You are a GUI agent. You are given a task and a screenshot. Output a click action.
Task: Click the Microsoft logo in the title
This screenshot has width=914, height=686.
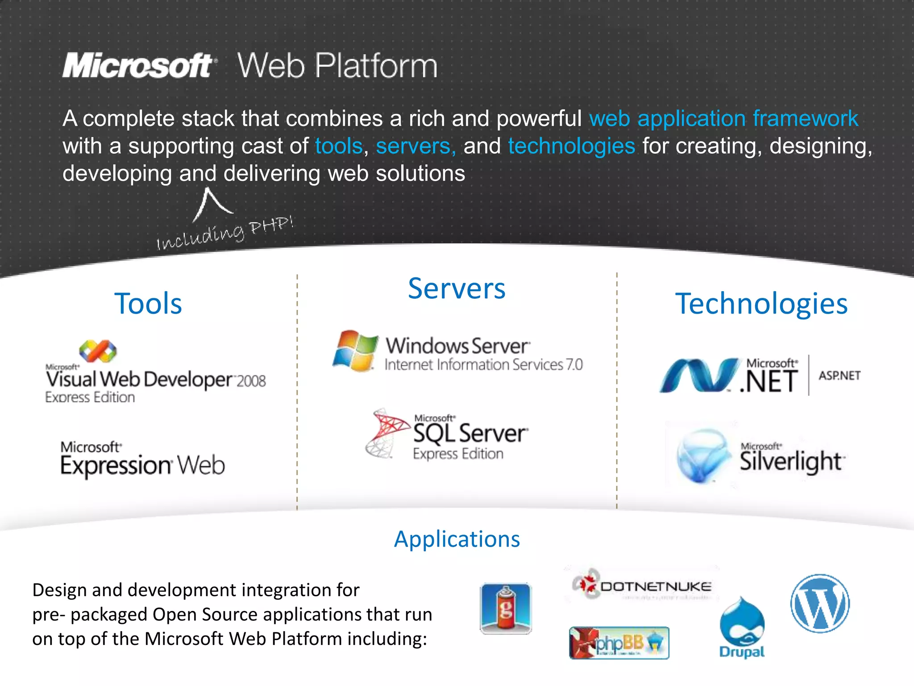pos(139,66)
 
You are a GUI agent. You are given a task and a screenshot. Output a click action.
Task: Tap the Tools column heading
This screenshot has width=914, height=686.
pos(148,304)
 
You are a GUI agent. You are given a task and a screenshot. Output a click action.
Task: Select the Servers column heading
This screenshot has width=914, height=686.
pos(457,289)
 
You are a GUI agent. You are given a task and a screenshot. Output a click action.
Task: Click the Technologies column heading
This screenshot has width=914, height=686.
pos(761,304)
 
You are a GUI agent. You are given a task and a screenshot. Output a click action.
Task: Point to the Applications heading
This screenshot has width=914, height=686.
pos(457,539)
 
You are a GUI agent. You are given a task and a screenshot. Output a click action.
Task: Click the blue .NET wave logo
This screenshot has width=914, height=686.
pos(698,375)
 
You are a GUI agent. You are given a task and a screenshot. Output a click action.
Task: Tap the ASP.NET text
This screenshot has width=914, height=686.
pos(839,376)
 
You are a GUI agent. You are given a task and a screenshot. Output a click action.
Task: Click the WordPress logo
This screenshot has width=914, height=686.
pos(820,603)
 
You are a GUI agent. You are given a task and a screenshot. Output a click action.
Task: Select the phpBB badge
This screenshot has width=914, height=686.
pos(619,643)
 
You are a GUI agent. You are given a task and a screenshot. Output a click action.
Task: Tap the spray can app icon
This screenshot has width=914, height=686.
pos(506,608)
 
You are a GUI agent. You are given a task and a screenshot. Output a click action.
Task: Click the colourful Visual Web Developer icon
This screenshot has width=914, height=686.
pos(98,351)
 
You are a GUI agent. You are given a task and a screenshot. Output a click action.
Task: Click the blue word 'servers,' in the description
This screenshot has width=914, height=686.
pos(415,146)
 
